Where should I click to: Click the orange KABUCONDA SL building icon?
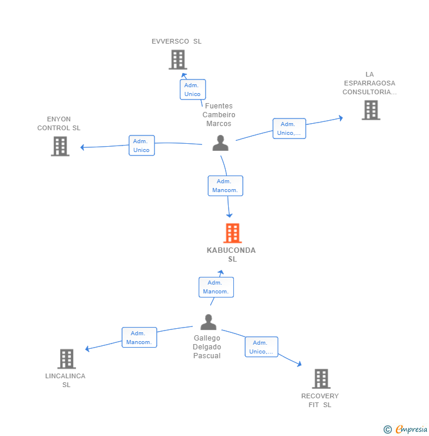(x=233, y=233)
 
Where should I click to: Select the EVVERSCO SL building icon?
(x=177, y=60)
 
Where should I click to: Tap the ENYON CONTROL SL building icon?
(x=60, y=146)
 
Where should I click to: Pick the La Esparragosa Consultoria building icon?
(x=371, y=110)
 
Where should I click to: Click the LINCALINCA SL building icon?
(x=67, y=359)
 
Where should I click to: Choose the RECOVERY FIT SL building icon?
(x=321, y=378)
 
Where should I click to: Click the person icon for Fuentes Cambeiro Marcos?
(x=220, y=143)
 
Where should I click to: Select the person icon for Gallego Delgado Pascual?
(x=209, y=322)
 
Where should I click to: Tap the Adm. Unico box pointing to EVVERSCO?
(x=193, y=90)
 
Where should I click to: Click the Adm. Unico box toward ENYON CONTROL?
(x=141, y=146)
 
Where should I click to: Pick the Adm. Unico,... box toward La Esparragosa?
(x=289, y=128)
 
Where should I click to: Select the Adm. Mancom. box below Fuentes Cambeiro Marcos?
(x=225, y=186)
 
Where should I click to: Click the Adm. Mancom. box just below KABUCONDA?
(x=216, y=287)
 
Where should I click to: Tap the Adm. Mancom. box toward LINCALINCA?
(x=140, y=338)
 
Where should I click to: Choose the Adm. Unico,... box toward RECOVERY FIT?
(x=261, y=347)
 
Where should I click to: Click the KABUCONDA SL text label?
(x=232, y=255)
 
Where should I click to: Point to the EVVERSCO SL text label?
(x=177, y=41)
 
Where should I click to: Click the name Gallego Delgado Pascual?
(x=207, y=347)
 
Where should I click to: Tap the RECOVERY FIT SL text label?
(x=320, y=400)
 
